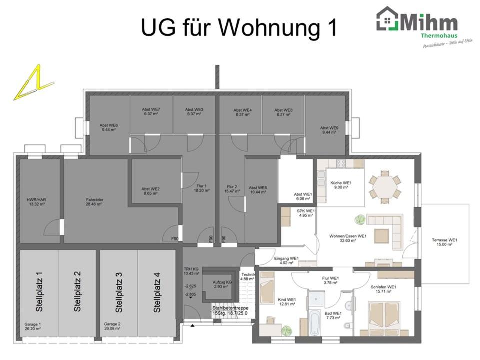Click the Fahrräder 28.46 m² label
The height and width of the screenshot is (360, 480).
pyautogui.click(x=94, y=202)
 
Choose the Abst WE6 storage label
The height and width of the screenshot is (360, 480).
pyautogui.click(x=108, y=127)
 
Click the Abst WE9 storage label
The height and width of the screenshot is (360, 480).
pyautogui.click(x=329, y=130)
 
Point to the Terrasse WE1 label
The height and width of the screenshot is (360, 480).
pyautogui.click(x=445, y=242)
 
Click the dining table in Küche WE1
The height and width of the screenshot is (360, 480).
pyautogui.click(x=385, y=185)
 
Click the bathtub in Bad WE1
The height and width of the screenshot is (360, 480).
pyautogui.click(x=315, y=322)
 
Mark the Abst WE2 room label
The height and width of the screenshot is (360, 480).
pyautogui.click(x=150, y=191)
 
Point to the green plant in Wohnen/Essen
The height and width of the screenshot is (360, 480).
pyautogui.click(x=359, y=218)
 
